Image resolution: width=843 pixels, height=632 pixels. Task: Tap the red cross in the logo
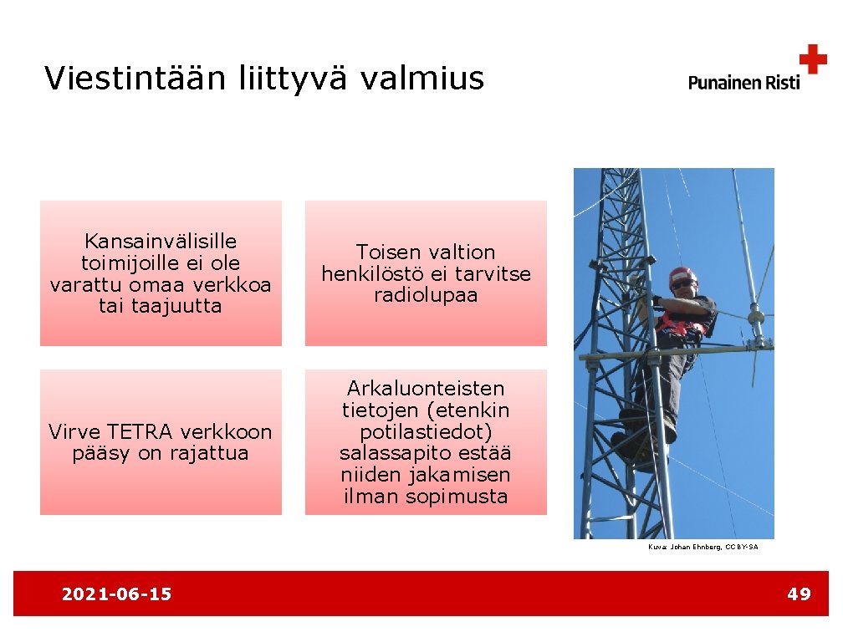[x=812, y=60]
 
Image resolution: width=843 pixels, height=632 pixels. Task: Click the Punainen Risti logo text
[x=743, y=82]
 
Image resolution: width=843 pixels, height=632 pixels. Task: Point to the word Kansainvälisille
[x=161, y=242]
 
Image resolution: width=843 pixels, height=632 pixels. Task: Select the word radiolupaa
[x=426, y=295]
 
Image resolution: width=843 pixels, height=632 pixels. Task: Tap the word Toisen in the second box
[x=391, y=252]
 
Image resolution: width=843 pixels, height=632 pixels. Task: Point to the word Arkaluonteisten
[x=426, y=389]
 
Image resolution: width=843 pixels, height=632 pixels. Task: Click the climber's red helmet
[x=682, y=275]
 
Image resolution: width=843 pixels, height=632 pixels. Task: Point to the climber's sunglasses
[x=682, y=285]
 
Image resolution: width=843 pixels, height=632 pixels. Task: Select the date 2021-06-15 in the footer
[x=116, y=594]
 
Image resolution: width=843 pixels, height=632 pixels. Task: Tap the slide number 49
[x=799, y=594]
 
